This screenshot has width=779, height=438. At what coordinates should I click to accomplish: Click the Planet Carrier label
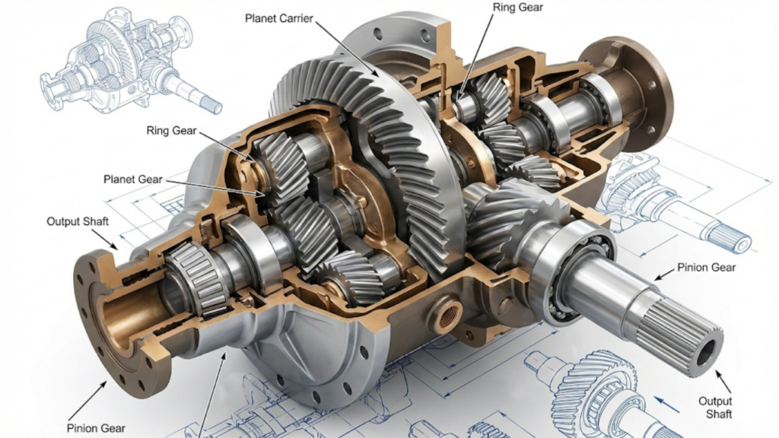[278, 18]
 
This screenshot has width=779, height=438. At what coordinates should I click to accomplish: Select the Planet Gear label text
[132, 179]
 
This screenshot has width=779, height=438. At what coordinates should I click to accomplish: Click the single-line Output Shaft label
[78, 221]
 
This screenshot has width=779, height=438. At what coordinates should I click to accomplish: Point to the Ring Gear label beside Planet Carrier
[517, 8]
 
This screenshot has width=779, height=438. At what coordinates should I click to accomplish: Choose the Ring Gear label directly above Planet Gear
[171, 131]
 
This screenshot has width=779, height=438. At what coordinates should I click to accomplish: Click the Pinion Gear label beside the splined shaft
[706, 267]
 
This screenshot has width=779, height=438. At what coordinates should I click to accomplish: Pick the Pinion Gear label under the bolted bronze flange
[96, 428]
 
